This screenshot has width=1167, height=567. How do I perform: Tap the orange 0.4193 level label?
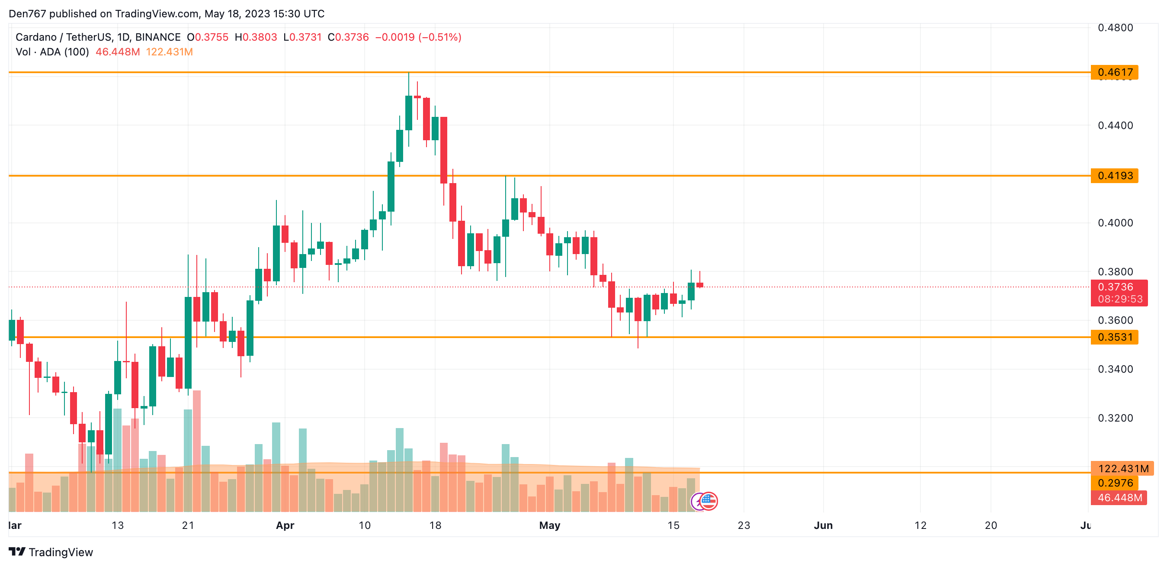pyautogui.click(x=1115, y=175)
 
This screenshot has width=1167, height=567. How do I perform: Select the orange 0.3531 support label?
pyautogui.click(x=1115, y=337)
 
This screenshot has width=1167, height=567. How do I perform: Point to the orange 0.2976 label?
pyautogui.click(x=1115, y=483)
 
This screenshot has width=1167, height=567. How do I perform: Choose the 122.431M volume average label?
pyautogui.click(x=1123, y=469)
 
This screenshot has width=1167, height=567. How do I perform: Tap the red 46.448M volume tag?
pyautogui.click(x=1119, y=498)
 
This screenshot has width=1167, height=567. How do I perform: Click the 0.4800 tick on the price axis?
pyautogui.click(x=1115, y=28)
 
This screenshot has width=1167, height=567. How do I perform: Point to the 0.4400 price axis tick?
pyautogui.click(x=1115, y=126)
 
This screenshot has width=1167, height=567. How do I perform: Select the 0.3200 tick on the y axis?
pyautogui.click(x=1115, y=418)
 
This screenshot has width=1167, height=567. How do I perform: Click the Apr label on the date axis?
pyautogui.click(x=285, y=525)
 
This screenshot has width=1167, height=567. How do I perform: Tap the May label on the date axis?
pyautogui.click(x=549, y=525)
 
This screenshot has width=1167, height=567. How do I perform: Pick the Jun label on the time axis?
pyautogui.click(x=823, y=525)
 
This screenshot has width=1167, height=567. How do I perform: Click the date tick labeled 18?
pyautogui.click(x=435, y=525)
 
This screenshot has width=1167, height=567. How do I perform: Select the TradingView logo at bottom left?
pyautogui.click(x=51, y=552)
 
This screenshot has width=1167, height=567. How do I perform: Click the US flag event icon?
pyautogui.click(x=709, y=501)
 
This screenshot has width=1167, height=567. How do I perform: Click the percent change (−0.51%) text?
pyautogui.click(x=440, y=37)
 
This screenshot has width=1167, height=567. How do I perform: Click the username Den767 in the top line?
pyautogui.click(x=27, y=13)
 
